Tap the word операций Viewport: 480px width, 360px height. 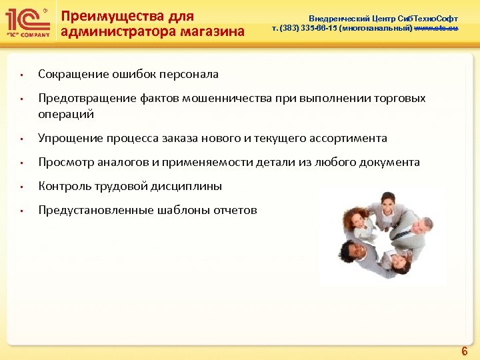point(66,114)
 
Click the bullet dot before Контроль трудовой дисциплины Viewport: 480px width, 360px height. point(21,187)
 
